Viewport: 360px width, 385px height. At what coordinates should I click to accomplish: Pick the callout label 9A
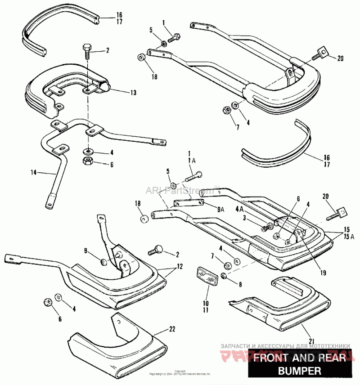point(220,208)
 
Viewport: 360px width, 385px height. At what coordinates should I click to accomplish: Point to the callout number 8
point(240,284)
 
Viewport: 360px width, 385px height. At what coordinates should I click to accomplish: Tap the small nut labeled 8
point(225,274)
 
